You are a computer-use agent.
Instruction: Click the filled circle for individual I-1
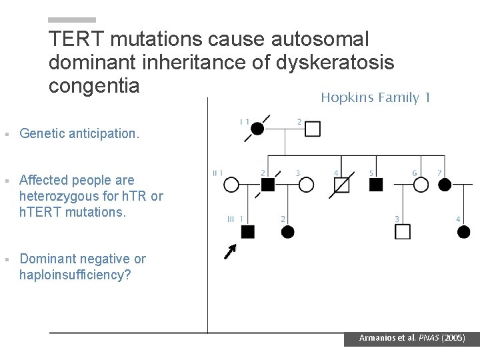(257, 129)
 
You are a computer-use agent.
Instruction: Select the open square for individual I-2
(313, 129)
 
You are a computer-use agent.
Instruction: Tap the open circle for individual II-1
(231, 185)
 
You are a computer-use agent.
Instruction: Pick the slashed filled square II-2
(268, 185)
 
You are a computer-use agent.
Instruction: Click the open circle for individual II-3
(306, 185)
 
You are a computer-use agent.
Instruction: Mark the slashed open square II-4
(341, 185)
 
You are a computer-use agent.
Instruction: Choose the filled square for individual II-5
(376, 185)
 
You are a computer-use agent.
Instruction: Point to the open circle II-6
(421, 185)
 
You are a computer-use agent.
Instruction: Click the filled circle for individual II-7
(445, 185)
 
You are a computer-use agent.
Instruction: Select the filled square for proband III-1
(247, 231)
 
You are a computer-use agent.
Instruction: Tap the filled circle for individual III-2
(288, 231)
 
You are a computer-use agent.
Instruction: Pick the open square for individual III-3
(403, 231)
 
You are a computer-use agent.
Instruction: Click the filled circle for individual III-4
(464, 231)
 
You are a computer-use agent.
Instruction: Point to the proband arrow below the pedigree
(230, 252)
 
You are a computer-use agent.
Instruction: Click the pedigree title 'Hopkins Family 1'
(375, 98)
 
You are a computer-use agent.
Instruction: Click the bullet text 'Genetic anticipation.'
(80, 133)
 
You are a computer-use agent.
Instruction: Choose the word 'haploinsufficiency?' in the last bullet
(75, 275)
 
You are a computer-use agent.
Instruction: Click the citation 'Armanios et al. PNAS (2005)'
(411, 338)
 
